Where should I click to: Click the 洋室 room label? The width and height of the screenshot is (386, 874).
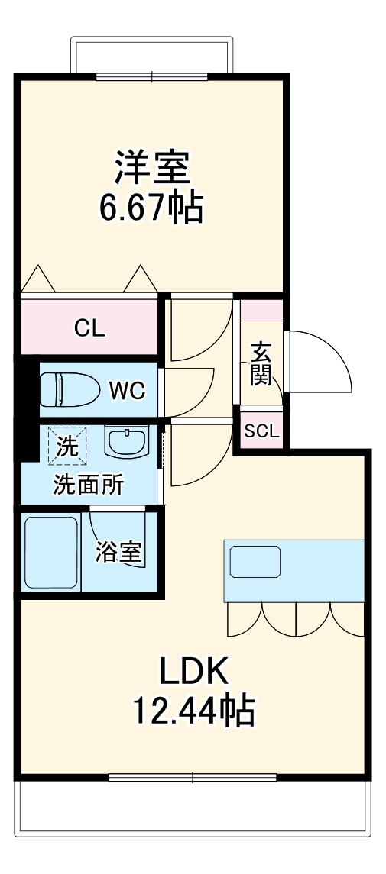[152, 167]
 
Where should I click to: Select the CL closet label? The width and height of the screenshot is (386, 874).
[89, 328]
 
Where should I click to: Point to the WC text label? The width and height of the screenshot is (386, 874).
[126, 391]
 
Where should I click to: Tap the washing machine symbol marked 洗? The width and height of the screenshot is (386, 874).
[68, 445]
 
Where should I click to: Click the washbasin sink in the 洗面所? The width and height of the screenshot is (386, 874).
[126, 441]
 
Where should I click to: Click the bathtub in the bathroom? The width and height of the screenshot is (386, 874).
[51, 553]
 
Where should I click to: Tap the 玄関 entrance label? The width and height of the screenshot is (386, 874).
[261, 363]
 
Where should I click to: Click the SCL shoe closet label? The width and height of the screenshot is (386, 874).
[261, 431]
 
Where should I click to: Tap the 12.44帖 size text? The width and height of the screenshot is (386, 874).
[193, 711]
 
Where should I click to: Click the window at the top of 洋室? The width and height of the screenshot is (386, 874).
[151, 76]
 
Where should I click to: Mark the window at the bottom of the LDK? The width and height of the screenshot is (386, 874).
[192, 778]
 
